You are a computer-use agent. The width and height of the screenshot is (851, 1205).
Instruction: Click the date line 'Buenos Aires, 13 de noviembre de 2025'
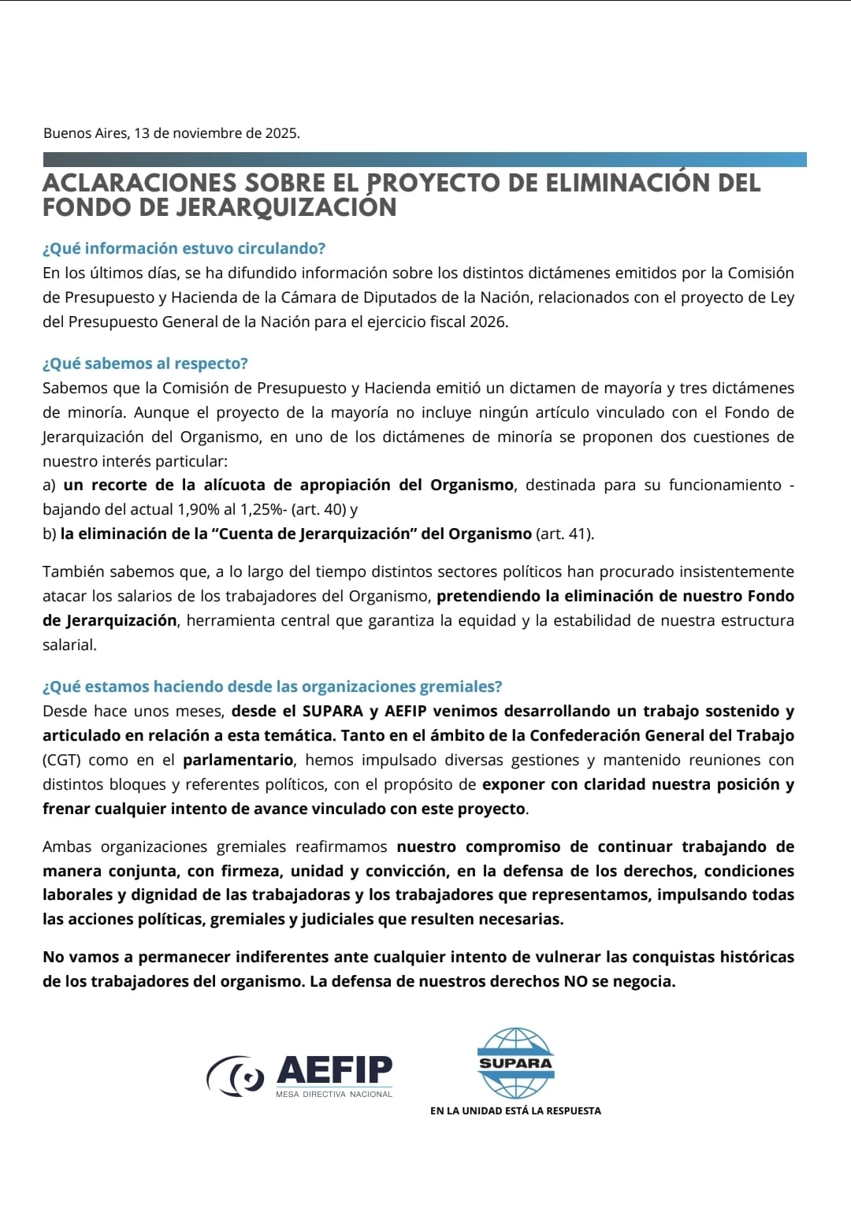point(171,132)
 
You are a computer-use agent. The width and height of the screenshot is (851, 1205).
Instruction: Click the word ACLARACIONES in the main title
point(139,183)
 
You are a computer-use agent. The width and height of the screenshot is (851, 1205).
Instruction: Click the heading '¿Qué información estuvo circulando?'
point(184,248)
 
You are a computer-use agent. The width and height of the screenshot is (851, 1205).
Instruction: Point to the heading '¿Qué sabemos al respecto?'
point(145,363)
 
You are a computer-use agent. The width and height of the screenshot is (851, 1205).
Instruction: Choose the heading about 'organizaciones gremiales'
point(272,686)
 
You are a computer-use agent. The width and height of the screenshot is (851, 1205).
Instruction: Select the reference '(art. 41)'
point(564,534)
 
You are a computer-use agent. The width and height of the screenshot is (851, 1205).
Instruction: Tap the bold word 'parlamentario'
point(238,760)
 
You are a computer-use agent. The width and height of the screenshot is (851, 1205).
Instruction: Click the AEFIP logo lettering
point(334,1070)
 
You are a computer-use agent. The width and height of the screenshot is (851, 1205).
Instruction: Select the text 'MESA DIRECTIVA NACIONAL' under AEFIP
point(334,1094)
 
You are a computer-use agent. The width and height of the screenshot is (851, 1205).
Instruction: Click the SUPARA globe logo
point(516,1062)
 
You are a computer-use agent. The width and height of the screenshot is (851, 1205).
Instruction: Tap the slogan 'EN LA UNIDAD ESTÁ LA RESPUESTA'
point(515,1110)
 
